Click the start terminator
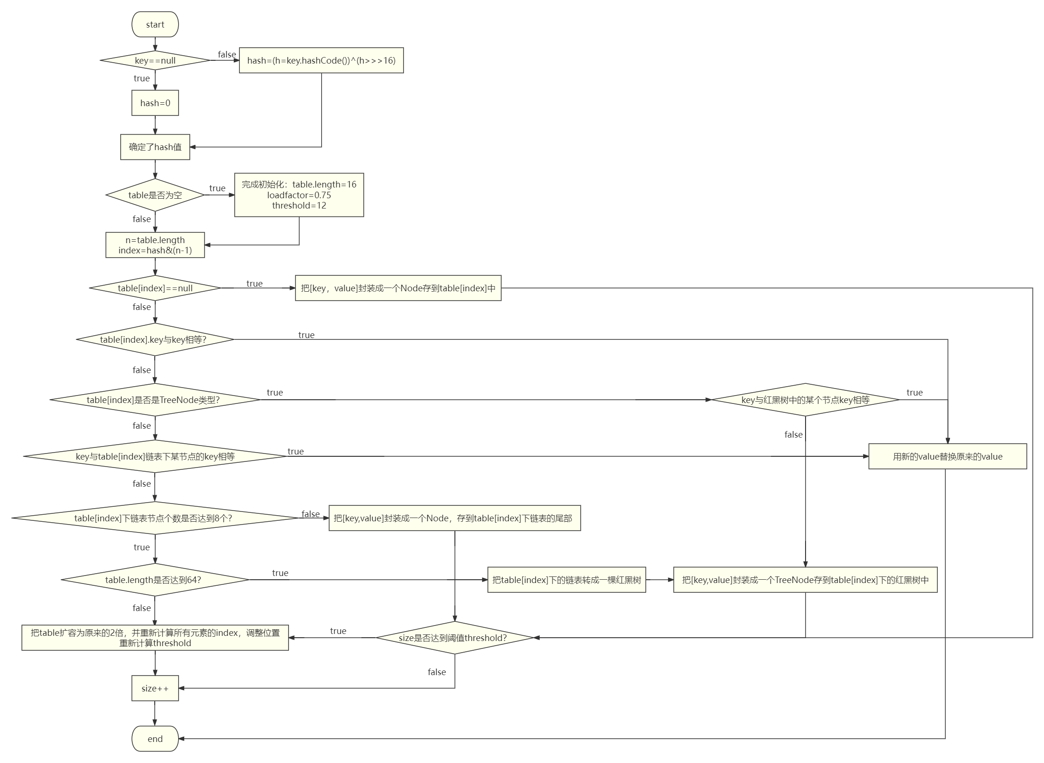coord(155,24)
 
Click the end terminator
coord(155,739)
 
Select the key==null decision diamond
coord(155,60)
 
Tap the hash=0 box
coord(155,103)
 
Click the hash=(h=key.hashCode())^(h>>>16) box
coord(321,60)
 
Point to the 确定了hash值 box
coord(155,147)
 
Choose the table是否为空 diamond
coord(155,195)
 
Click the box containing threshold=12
coord(299,195)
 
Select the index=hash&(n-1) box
coord(155,245)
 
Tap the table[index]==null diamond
coord(155,288)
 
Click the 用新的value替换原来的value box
coord(947,456)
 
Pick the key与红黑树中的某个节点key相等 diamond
coord(805,400)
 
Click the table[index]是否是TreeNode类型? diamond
coord(155,400)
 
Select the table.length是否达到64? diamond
coord(155,580)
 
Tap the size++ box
coord(155,688)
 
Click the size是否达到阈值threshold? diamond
coord(454,638)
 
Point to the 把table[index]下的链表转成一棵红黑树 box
coord(566,580)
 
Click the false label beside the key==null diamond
coord(227,54)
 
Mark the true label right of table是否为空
coord(217,188)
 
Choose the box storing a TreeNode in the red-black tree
coord(805,580)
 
